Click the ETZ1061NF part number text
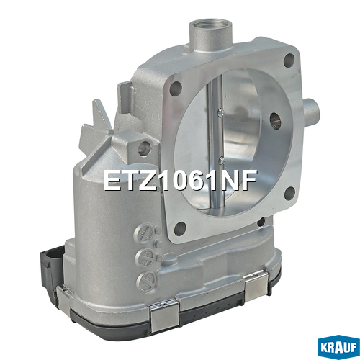coord(180,181)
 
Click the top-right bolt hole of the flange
coord(289,60)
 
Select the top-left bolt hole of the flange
coord(176,89)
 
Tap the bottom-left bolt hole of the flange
coord(181,229)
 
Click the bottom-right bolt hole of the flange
coord(289,194)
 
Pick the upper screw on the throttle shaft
coord(220,112)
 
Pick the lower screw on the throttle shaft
coord(222,160)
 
